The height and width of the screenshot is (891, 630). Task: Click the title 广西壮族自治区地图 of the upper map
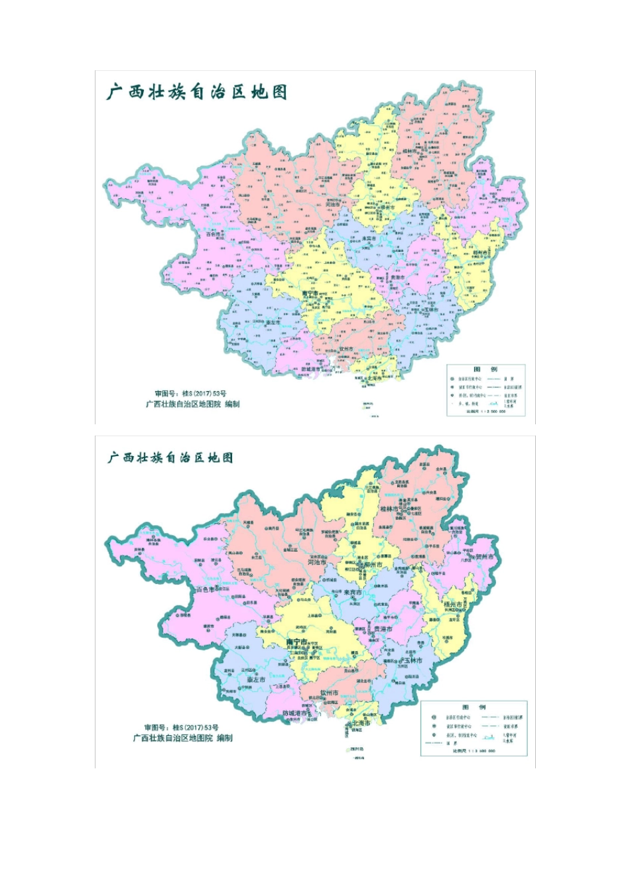click(x=197, y=92)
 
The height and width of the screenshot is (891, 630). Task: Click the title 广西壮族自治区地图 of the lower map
click(x=170, y=457)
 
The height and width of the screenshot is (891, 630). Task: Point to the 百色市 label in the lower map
click(x=203, y=589)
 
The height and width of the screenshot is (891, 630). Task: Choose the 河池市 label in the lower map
click(x=317, y=562)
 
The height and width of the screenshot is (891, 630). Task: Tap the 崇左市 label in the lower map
click(x=255, y=680)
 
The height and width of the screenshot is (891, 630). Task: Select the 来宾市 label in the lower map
click(x=352, y=593)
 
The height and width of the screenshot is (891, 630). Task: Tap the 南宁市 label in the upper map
click(x=310, y=292)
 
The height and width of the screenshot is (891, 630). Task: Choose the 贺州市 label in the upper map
click(x=508, y=199)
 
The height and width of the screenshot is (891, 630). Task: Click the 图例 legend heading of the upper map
click(x=485, y=369)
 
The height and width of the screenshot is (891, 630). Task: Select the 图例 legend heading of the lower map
click(x=474, y=708)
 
